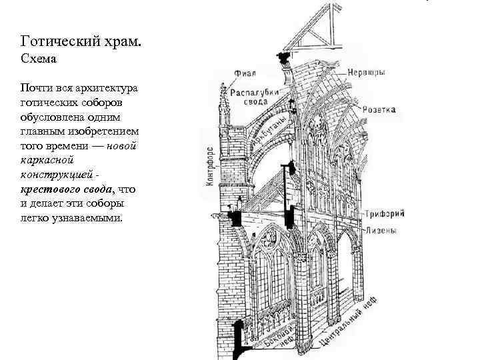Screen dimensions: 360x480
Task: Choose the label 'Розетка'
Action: [x=380, y=109]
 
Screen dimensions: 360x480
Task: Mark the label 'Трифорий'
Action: [x=382, y=215]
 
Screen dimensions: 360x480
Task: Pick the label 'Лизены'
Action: [x=381, y=231]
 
